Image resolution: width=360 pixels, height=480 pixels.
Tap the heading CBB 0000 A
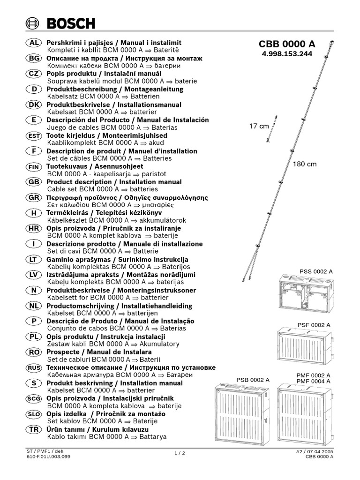click(x=287, y=44)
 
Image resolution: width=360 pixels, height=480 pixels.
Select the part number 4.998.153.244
click(x=287, y=54)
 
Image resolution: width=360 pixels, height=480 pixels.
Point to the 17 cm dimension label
click(x=259, y=126)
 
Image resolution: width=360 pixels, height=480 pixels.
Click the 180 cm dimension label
click(x=305, y=164)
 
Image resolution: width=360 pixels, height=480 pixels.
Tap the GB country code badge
click(x=33, y=182)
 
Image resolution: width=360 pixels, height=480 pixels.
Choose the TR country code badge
click(x=33, y=429)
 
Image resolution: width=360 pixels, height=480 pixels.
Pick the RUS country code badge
click(x=33, y=367)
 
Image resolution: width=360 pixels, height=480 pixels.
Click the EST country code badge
click(x=33, y=135)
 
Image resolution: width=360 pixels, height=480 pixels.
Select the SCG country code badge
click(x=33, y=398)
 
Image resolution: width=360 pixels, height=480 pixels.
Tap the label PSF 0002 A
click(x=314, y=325)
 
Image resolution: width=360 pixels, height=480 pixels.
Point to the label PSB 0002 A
click(x=253, y=379)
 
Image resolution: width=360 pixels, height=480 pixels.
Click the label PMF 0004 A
click(x=314, y=381)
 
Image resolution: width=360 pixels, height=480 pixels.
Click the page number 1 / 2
click(x=180, y=453)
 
